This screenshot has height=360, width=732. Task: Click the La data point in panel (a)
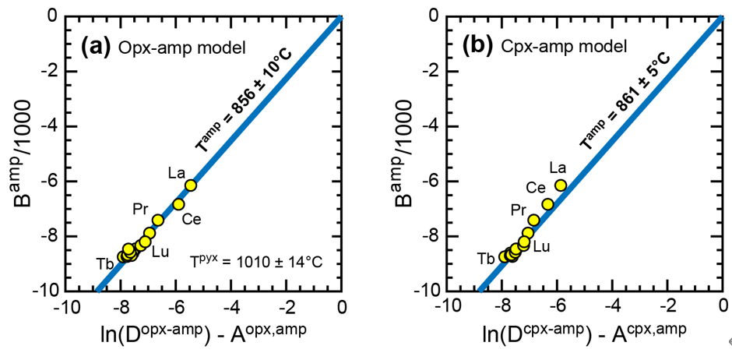click(191, 185)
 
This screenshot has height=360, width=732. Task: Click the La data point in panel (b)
click(560, 185)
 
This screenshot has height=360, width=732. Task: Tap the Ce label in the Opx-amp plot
click(192, 220)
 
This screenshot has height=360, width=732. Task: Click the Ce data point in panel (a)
click(178, 204)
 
